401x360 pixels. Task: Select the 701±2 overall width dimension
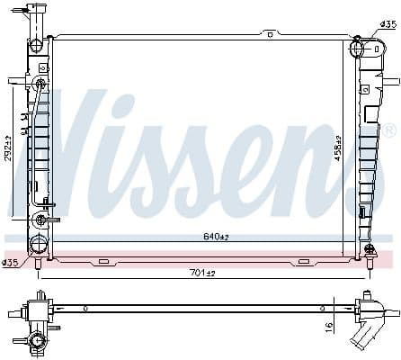pos(203,274)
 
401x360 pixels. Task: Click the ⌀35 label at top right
pos(387,25)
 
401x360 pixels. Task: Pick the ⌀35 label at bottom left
pos(10,263)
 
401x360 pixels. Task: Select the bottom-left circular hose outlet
pos(40,220)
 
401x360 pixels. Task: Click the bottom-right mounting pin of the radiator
pos(370,262)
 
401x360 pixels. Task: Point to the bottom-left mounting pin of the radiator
pos(38,262)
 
